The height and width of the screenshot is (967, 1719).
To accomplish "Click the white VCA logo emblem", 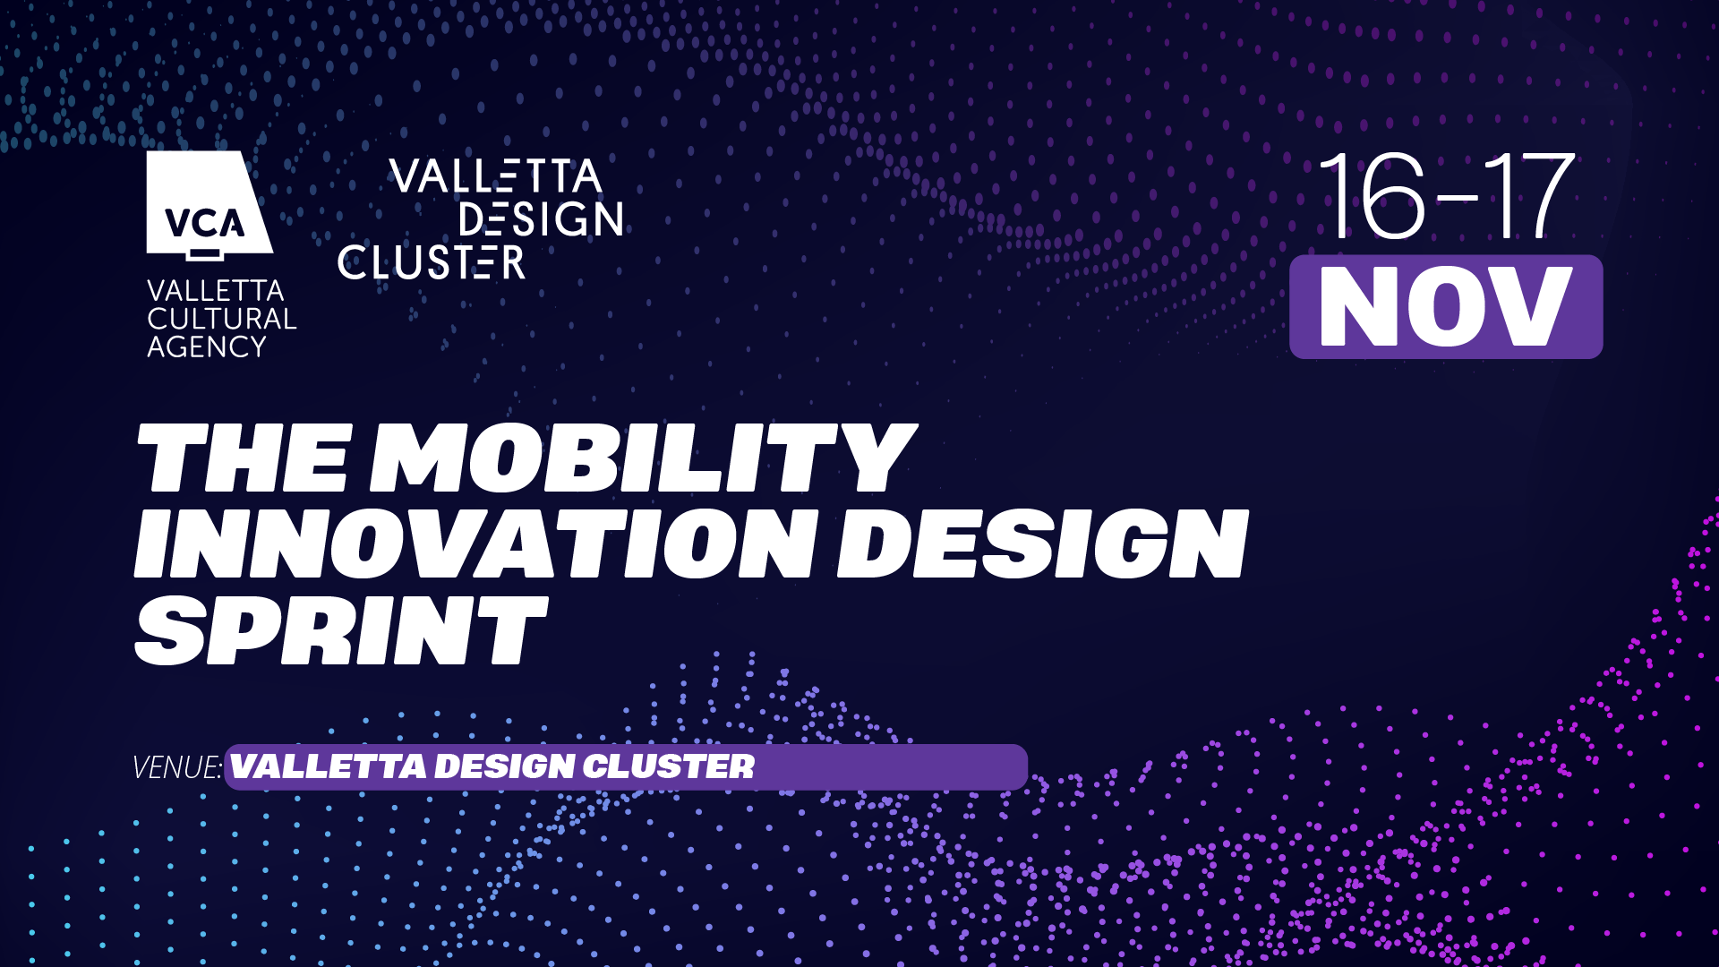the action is (x=210, y=206).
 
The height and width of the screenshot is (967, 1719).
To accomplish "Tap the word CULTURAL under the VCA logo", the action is (x=221, y=319).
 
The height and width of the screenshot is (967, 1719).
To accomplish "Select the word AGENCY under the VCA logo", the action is (x=207, y=347).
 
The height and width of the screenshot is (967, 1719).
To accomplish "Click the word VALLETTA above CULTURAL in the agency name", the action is (x=215, y=291).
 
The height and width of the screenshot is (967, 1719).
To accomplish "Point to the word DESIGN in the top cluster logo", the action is (x=541, y=219).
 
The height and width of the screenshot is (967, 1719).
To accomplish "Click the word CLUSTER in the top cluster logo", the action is (x=431, y=262).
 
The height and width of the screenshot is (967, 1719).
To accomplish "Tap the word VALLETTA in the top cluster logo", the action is (x=495, y=176).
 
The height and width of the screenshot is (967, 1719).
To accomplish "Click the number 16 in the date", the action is (x=1371, y=195).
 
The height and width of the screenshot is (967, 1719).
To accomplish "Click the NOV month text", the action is (x=1445, y=306).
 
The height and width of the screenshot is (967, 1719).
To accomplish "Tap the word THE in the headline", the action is (x=243, y=458).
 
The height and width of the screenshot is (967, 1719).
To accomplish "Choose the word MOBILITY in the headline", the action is (x=644, y=458).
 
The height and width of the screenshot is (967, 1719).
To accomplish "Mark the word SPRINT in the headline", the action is (x=340, y=630).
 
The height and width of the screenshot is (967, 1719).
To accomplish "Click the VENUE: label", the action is (x=176, y=767).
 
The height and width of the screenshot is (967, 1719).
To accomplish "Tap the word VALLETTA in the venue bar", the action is (x=329, y=766).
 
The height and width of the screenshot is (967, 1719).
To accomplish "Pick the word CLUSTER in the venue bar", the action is (x=669, y=766).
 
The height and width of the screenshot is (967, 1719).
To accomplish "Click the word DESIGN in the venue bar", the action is (x=505, y=766).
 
